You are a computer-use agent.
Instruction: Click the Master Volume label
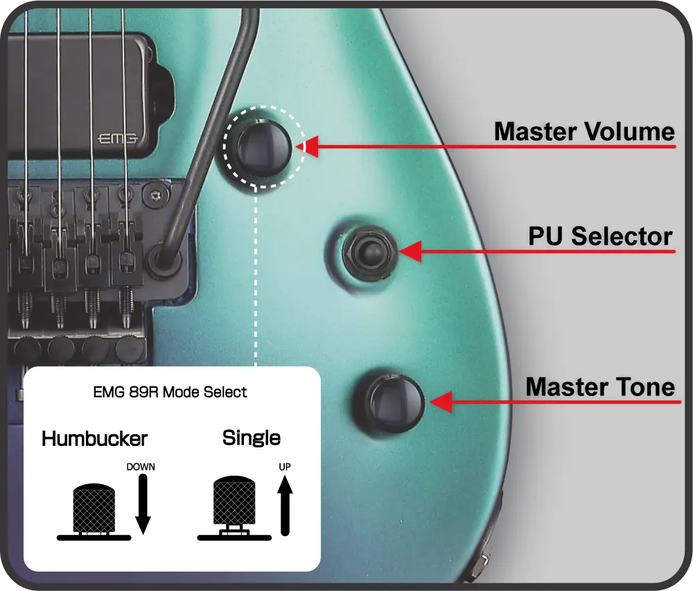(x=584, y=131)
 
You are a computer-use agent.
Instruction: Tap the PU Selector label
(x=600, y=237)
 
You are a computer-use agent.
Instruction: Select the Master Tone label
(x=600, y=386)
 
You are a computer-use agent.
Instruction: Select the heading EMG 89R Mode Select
(x=170, y=392)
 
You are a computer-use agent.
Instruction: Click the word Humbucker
(x=94, y=438)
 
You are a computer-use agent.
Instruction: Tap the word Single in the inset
(x=251, y=438)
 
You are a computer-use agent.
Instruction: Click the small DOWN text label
(x=141, y=467)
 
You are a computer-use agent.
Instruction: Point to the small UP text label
(x=285, y=467)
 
